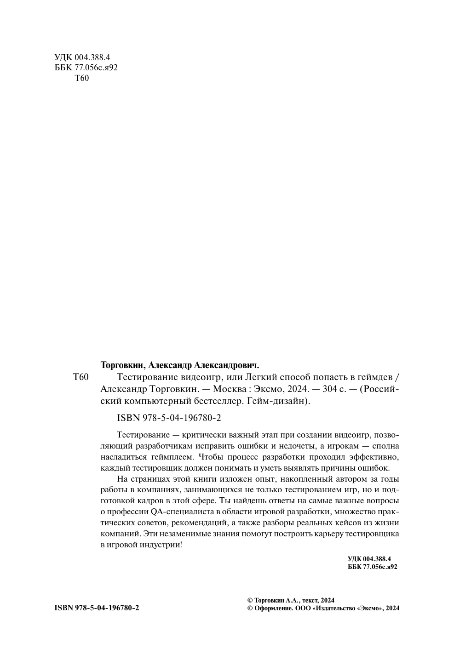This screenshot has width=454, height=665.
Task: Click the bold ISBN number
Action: (x=97, y=608)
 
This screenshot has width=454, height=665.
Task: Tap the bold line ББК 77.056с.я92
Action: (x=372, y=567)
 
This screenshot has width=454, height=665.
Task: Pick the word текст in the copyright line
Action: (x=311, y=600)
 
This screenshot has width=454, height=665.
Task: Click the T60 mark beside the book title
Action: (x=80, y=377)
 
